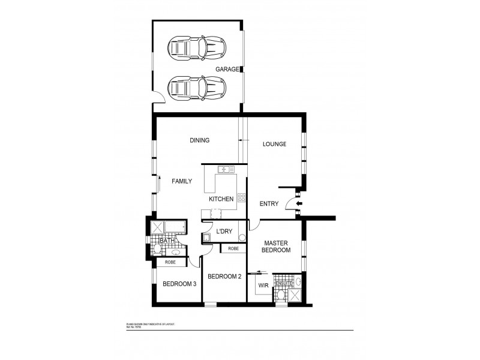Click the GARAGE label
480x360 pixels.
point(227,70)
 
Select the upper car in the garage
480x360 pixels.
point(196,46)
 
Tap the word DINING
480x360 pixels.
point(199,140)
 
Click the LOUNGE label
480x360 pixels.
point(274,144)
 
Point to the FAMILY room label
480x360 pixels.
point(182,181)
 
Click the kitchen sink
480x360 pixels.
point(226,170)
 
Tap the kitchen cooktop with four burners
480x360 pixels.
point(241,197)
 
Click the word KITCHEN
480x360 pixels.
point(220,199)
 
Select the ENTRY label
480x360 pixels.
point(269,204)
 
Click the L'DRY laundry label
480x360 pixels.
point(224,231)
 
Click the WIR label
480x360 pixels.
point(262,286)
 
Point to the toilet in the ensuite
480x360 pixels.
point(281,293)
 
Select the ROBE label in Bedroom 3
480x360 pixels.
point(170,262)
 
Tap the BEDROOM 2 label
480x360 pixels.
point(223,277)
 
